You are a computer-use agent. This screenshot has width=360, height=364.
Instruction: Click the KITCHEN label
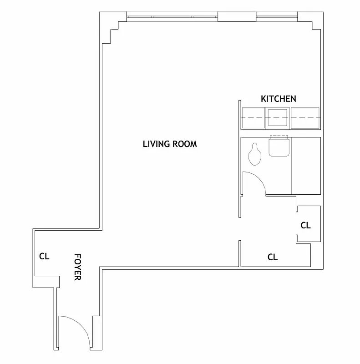click(x=278, y=99)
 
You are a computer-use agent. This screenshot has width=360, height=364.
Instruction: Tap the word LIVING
click(x=157, y=144)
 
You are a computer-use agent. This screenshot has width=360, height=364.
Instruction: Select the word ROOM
click(x=185, y=144)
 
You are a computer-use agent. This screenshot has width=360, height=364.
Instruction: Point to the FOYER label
click(x=78, y=267)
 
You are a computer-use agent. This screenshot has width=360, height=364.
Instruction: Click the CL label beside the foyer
click(x=44, y=256)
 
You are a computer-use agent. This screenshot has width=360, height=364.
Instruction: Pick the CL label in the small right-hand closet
click(x=306, y=225)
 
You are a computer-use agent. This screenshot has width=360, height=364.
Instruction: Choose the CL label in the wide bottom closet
click(x=272, y=257)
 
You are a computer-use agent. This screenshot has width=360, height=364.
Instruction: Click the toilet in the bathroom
click(x=255, y=154)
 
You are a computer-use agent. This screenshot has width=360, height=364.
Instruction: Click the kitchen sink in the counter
click(x=278, y=117)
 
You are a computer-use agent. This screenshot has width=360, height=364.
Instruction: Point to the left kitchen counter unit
click(x=254, y=117)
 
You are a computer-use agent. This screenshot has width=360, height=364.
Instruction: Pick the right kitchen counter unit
click(x=305, y=117)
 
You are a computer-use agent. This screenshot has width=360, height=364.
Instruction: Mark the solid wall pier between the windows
click(x=237, y=16)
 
